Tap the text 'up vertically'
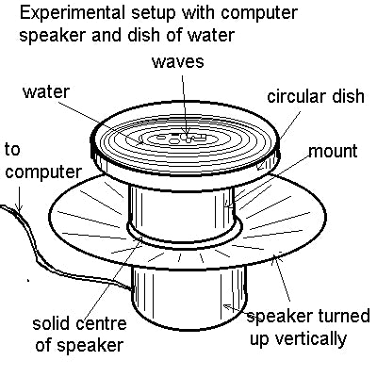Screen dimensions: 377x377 (x=294, y=337)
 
